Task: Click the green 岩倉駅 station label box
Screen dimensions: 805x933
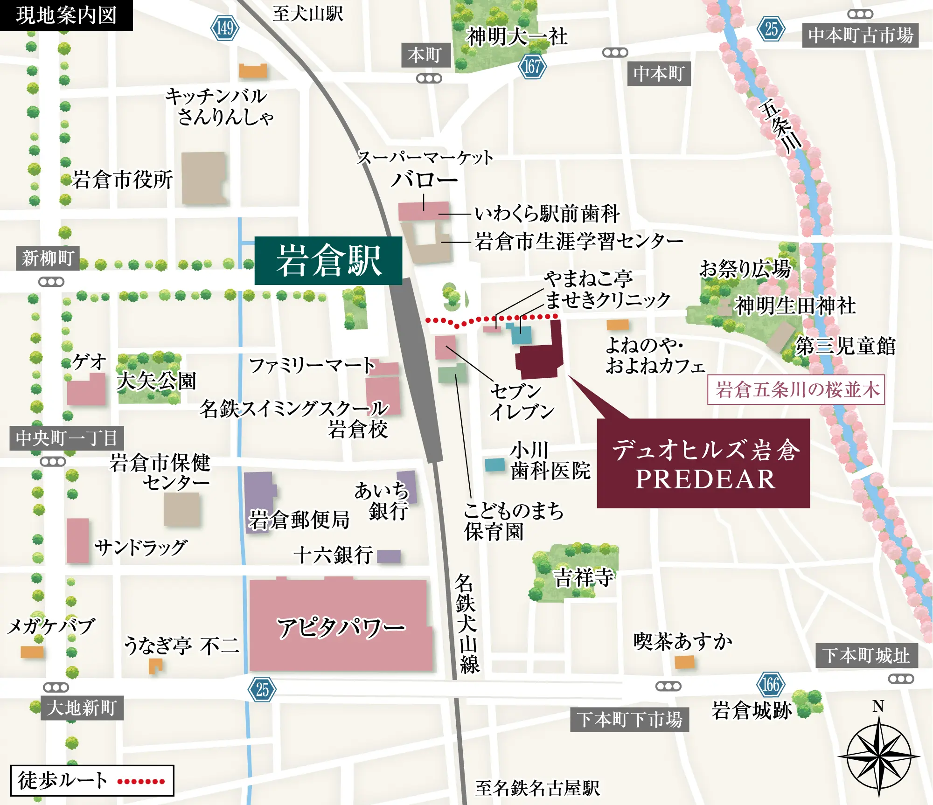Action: [x=328, y=260]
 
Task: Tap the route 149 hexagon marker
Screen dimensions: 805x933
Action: [x=225, y=28]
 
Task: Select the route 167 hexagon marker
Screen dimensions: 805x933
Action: [x=532, y=66]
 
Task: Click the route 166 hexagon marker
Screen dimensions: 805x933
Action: [x=771, y=685]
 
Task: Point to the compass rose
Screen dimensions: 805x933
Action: [x=878, y=756]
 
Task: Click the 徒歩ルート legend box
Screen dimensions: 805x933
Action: [x=92, y=780]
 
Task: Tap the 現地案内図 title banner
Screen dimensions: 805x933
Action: [x=66, y=15]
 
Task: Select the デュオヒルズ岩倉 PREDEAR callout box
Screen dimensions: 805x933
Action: [x=703, y=463]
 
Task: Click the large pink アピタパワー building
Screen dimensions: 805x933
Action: [x=339, y=625]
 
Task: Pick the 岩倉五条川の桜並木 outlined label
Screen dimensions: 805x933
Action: [x=796, y=389]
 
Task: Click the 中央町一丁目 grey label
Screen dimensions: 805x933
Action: [x=66, y=438]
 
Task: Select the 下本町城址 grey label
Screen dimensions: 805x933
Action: [x=866, y=655]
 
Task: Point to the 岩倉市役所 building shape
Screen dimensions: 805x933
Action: [x=204, y=178]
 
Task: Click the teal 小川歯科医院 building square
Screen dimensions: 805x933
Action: [x=495, y=465]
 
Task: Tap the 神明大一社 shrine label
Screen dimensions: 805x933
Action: [x=516, y=36]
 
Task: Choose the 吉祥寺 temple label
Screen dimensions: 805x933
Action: [x=583, y=577]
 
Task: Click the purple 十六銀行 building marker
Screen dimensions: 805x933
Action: [x=389, y=556]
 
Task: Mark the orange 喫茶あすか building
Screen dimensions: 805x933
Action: [x=684, y=661]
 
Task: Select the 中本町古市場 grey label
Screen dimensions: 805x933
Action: [x=860, y=35]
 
